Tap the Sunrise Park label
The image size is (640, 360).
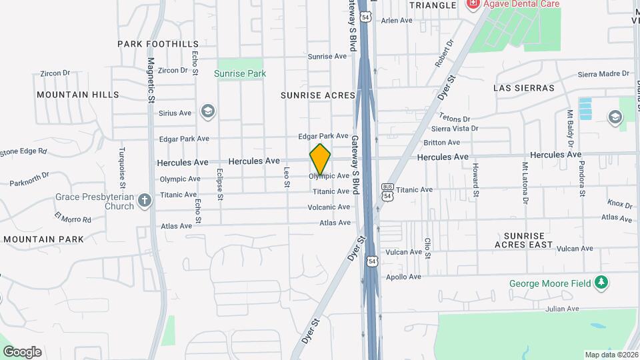[240, 73]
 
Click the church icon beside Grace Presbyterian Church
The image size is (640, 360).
[145, 202]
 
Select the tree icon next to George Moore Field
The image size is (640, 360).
[602, 283]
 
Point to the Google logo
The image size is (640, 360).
[22, 352]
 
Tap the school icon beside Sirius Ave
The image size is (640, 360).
[208, 111]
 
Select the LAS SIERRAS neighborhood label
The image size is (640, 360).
[523, 88]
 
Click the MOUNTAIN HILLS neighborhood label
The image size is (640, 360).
[78, 95]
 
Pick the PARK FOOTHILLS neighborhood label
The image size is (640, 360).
[158, 44]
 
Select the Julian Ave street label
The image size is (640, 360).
[563, 309]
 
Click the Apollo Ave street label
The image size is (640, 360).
[406, 277]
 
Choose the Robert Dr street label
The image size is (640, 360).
[443, 53]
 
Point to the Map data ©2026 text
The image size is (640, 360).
[611, 355]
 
